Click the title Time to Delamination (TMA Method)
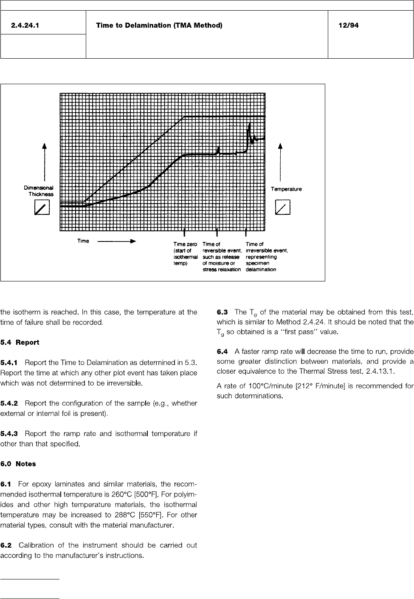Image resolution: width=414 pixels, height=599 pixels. pos(159,26)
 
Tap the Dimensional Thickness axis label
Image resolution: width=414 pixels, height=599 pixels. pos(39,191)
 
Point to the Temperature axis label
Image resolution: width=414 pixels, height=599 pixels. pos(286,189)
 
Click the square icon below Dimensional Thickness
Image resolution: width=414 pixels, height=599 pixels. pos(42,207)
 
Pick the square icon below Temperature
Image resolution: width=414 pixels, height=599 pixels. pos(283,207)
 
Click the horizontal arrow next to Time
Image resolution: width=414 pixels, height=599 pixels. pos(116,241)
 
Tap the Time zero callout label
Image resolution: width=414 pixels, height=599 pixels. pos(186,257)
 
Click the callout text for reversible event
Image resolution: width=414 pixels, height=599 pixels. pos(222,257)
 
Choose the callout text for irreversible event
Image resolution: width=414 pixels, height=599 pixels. pos(267,257)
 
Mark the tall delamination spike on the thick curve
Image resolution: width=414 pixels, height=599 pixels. pos(250,128)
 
